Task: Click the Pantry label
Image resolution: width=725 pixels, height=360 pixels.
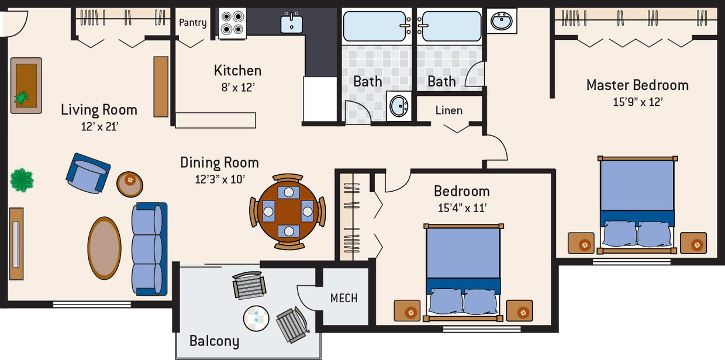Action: click(x=192, y=23)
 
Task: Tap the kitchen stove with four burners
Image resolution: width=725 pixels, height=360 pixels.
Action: click(x=232, y=23)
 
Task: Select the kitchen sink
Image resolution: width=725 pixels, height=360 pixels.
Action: click(x=291, y=23)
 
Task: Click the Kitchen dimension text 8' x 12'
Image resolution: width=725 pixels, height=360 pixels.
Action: click(x=237, y=88)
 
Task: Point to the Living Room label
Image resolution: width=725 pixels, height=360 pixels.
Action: click(x=99, y=109)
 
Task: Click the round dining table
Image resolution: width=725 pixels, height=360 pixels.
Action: click(x=287, y=211)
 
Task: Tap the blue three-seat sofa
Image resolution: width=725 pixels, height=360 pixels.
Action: click(x=149, y=249)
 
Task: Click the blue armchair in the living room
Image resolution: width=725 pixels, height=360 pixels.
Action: click(x=88, y=174)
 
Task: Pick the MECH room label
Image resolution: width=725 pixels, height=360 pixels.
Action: click(x=344, y=298)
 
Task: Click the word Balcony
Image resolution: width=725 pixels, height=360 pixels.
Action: click(x=214, y=341)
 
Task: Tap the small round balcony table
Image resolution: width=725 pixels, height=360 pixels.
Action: click(x=256, y=319)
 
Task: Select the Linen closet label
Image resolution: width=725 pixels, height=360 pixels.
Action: click(x=448, y=110)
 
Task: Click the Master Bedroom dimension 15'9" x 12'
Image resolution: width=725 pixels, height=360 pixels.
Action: click(x=637, y=102)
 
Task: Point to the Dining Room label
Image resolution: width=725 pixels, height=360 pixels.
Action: click(x=219, y=162)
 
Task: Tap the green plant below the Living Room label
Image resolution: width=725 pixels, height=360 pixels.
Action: click(x=22, y=180)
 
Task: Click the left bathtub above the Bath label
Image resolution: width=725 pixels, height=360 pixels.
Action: click(x=374, y=26)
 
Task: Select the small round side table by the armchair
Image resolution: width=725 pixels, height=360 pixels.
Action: click(x=130, y=184)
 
